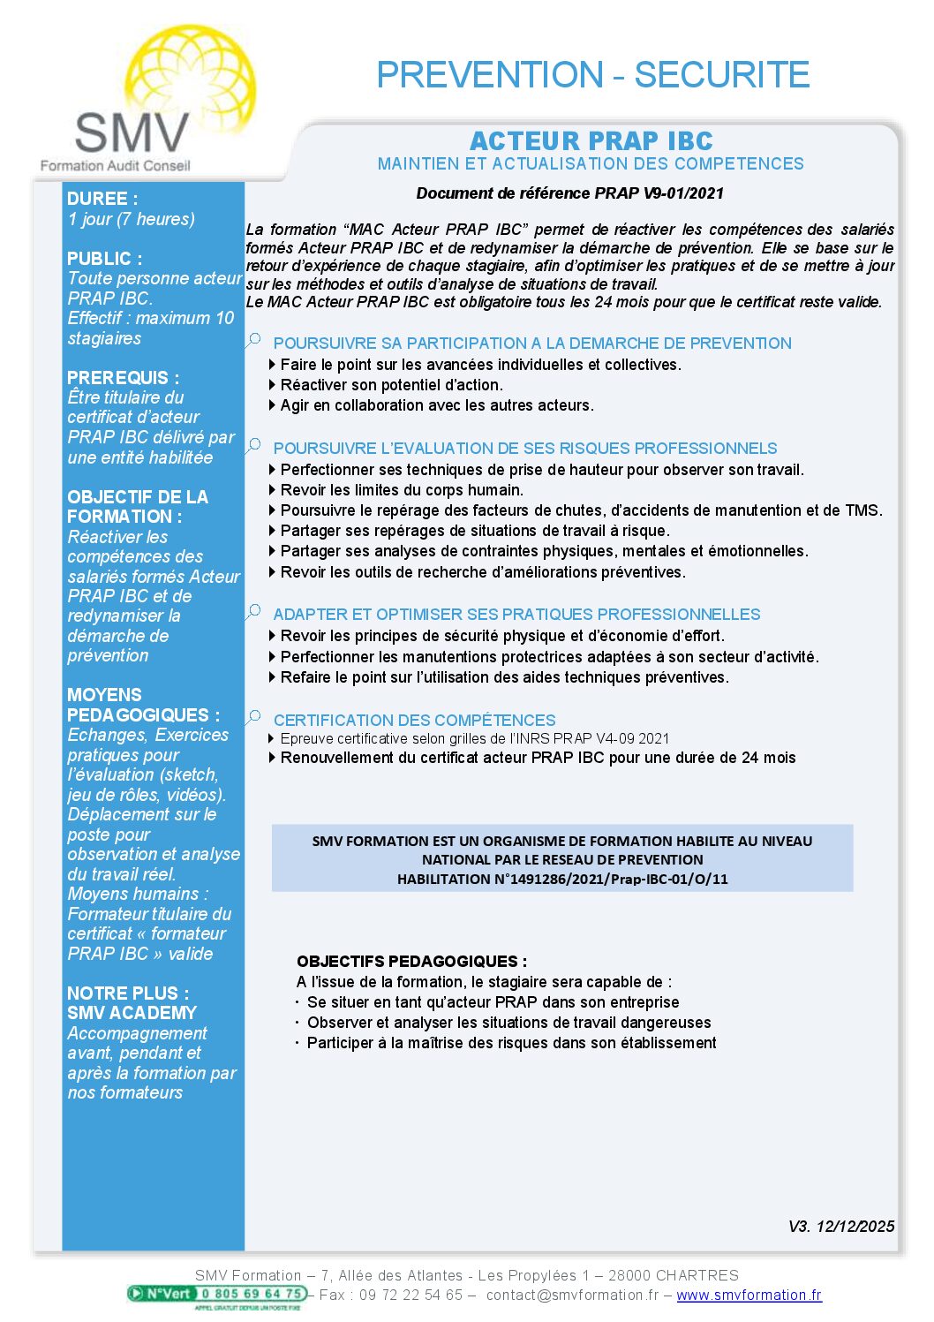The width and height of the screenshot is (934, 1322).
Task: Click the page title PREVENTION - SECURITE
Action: pos(592,75)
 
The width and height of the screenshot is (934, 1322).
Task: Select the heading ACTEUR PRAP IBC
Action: pos(591,141)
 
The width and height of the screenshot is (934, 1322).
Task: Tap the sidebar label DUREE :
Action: pos(102,199)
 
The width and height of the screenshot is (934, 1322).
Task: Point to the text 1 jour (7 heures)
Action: pos(132,219)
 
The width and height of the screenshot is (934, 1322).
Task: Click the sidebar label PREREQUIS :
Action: pos(123,377)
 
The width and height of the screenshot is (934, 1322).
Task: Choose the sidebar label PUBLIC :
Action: pos(104,258)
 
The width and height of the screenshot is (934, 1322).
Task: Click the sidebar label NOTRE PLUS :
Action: pos(128,993)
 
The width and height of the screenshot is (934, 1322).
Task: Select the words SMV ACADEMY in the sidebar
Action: pos(132,1013)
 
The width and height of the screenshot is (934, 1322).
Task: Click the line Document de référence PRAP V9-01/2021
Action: pos(569,193)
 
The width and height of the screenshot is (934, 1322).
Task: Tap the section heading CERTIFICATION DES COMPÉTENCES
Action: pos(414,720)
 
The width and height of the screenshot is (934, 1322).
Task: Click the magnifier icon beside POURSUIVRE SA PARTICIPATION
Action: pos(254,340)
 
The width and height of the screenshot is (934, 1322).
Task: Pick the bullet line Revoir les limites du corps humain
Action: pos(402,490)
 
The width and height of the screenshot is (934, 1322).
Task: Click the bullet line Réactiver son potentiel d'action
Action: pos(391,385)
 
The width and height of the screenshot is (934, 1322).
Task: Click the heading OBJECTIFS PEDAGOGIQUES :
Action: pos(411,961)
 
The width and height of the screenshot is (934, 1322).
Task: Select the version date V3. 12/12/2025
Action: pos(840,1226)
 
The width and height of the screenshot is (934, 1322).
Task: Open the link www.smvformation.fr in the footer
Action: pos(749,1295)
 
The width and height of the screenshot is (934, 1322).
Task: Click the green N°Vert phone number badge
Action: pos(217,1294)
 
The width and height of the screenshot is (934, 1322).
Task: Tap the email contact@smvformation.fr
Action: pos(572,1295)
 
